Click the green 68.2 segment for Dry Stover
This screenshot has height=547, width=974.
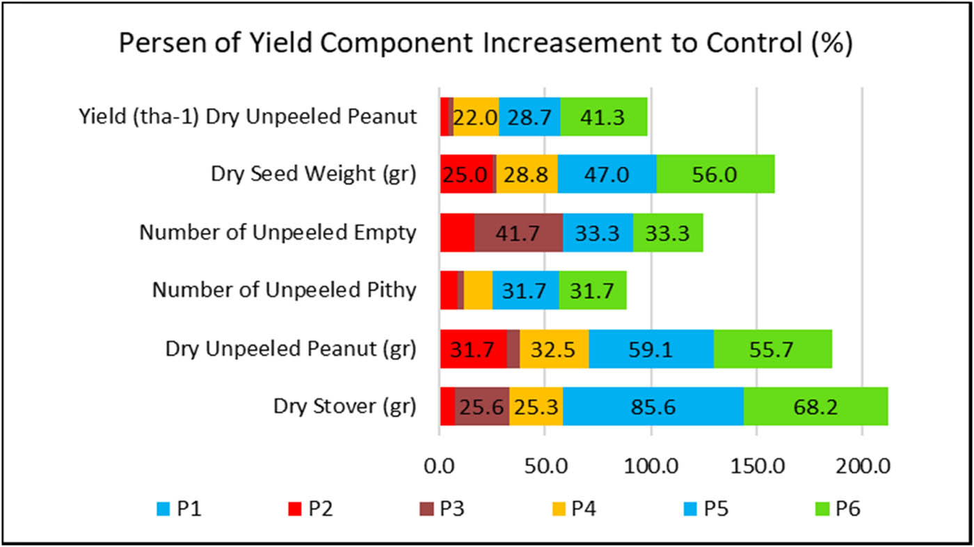coord(815,406)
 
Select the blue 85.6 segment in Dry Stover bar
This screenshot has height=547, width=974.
coord(653,406)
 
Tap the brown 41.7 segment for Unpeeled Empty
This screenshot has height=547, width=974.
coord(518,232)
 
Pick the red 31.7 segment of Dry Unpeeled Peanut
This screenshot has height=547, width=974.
coord(473,349)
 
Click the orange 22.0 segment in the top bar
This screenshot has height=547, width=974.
coord(476,117)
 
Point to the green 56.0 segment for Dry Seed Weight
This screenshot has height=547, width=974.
coord(715,175)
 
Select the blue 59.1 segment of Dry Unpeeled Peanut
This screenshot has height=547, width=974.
coord(650,349)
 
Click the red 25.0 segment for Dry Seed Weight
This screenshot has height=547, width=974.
coord(466,175)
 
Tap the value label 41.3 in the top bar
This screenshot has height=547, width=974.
coord(603,117)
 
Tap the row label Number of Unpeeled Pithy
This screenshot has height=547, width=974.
coord(284,290)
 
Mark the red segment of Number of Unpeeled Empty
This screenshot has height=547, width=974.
coord(456,232)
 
